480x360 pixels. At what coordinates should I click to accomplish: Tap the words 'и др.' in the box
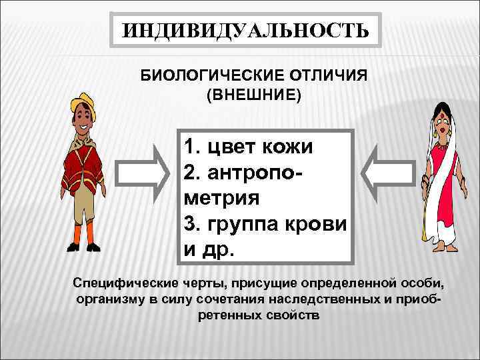[x=209, y=249]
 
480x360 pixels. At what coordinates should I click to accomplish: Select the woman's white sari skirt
[x=443, y=213]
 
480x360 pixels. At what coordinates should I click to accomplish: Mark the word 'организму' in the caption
[x=111, y=299]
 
